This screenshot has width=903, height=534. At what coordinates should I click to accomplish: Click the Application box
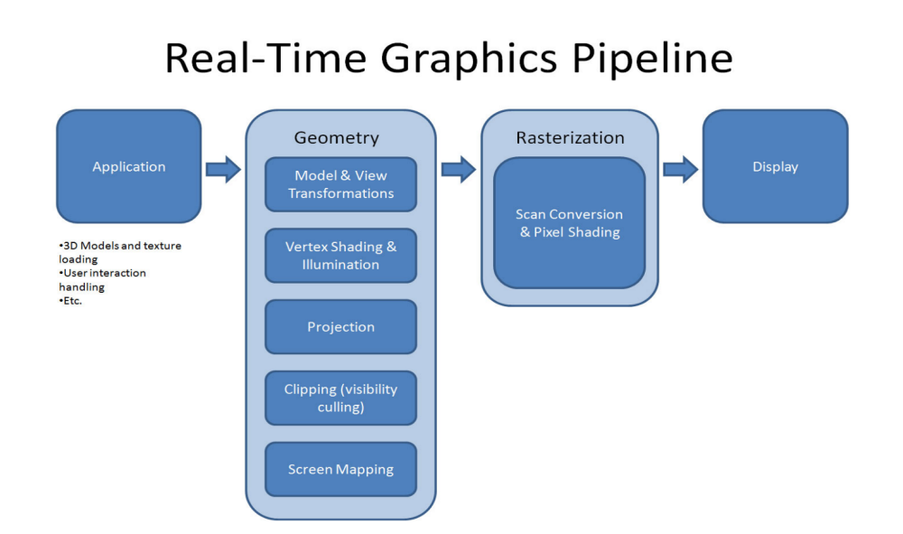(x=128, y=166)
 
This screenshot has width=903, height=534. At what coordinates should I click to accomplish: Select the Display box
(x=775, y=166)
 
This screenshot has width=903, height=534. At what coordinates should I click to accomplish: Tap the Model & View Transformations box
(x=340, y=184)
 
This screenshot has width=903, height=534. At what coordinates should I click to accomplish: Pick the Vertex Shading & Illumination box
(x=340, y=256)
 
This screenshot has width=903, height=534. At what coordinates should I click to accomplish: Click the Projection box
(x=340, y=327)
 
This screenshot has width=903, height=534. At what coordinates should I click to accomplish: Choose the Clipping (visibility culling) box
(x=340, y=398)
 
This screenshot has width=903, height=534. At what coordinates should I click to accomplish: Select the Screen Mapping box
(x=340, y=469)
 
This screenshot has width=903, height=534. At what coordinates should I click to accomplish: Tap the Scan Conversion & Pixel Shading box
(x=569, y=223)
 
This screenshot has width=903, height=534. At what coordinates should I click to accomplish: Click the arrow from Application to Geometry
(x=223, y=168)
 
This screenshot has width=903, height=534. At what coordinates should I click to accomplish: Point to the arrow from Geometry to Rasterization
(x=458, y=168)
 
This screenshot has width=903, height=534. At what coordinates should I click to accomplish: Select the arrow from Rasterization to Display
(x=680, y=168)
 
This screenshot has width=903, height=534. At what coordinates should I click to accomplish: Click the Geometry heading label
(x=336, y=138)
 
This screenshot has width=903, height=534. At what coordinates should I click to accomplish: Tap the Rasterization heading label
(x=570, y=137)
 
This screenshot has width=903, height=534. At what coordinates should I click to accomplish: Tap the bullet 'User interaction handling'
(x=103, y=279)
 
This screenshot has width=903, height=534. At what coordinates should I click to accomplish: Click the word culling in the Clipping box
(x=340, y=408)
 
